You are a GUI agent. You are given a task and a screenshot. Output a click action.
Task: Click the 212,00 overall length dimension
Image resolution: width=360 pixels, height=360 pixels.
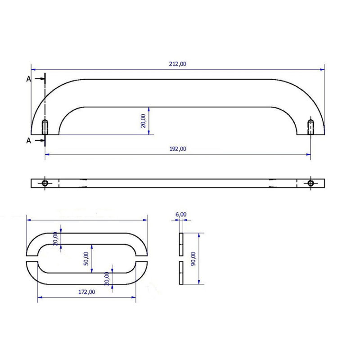click(177, 64)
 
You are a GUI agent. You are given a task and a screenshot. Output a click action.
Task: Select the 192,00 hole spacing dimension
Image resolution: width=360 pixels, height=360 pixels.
click(178, 149)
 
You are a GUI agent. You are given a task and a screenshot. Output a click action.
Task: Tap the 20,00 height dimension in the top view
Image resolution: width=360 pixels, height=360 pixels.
click(143, 121)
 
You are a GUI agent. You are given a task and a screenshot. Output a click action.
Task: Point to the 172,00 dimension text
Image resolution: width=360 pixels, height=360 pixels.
click(86, 292)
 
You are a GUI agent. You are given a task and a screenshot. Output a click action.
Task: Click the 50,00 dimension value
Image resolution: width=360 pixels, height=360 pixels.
click(86, 259)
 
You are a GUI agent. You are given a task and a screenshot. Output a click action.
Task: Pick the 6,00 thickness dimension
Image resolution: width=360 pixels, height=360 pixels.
click(181, 214)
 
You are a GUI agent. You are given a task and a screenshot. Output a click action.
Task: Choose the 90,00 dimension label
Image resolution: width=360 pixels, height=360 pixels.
click(193, 259)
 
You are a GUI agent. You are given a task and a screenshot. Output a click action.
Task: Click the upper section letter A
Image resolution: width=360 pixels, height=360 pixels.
click(28, 79)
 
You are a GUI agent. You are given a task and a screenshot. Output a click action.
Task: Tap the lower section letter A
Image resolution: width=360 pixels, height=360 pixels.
click(28, 140)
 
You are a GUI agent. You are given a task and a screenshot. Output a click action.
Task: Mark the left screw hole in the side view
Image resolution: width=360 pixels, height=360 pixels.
click(45, 127)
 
